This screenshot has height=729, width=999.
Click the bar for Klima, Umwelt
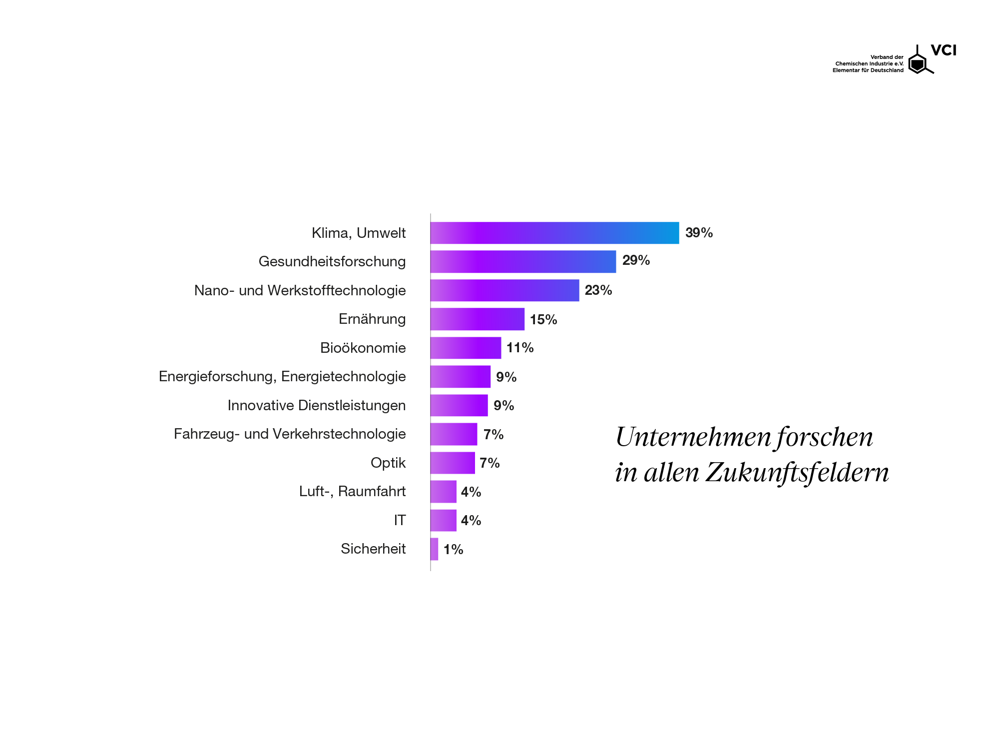[x=554, y=233]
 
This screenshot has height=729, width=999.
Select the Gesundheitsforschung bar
[x=523, y=262]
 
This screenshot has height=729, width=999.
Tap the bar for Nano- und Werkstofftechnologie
[x=504, y=290]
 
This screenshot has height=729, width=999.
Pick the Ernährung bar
[x=478, y=319]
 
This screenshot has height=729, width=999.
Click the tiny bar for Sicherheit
[x=435, y=549]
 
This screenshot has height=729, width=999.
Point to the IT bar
[x=444, y=520]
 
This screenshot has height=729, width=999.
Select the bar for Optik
[x=453, y=463]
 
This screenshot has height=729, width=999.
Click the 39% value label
[x=699, y=233]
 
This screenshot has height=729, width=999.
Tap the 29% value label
[x=636, y=260]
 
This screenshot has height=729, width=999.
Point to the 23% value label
[x=598, y=290]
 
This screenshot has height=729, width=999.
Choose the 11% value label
[x=519, y=348]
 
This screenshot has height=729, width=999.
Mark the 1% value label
[x=453, y=550]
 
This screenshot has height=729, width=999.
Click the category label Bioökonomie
[x=363, y=348]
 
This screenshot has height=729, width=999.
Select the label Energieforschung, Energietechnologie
[x=282, y=377]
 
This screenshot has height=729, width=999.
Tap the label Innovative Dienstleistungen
[x=316, y=405]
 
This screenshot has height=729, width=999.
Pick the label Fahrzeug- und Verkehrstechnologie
[x=290, y=434]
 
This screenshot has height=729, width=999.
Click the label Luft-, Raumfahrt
[x=352, y=492]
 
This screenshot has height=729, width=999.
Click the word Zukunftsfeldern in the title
[x=797, y=473]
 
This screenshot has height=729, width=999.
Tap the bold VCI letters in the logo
[x=943, y=50]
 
